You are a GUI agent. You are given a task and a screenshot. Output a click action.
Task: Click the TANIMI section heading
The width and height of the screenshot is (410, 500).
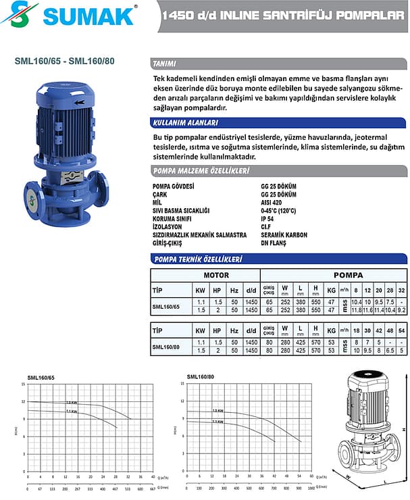pos(165,64)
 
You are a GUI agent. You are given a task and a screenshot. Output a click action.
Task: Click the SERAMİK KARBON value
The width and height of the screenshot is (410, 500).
pos(284,234)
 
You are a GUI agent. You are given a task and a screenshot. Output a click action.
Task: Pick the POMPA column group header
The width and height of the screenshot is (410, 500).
pos(349,275)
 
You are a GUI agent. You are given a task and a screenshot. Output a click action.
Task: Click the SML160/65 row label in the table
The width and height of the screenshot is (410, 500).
pos(165,306)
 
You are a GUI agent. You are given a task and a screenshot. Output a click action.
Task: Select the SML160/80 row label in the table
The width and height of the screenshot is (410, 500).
pos(165,347)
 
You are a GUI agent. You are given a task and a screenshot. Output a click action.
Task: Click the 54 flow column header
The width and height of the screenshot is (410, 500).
pos(402,330)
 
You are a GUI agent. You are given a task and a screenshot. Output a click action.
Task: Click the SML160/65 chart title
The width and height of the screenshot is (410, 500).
pos(41,377)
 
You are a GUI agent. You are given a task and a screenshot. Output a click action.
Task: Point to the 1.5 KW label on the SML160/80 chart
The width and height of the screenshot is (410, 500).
pos(217,410)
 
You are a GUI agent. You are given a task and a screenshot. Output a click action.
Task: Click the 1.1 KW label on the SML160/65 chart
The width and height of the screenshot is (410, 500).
pos(71,411)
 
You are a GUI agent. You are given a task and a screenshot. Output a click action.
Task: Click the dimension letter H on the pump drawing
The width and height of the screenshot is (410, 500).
pos(404,429)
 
